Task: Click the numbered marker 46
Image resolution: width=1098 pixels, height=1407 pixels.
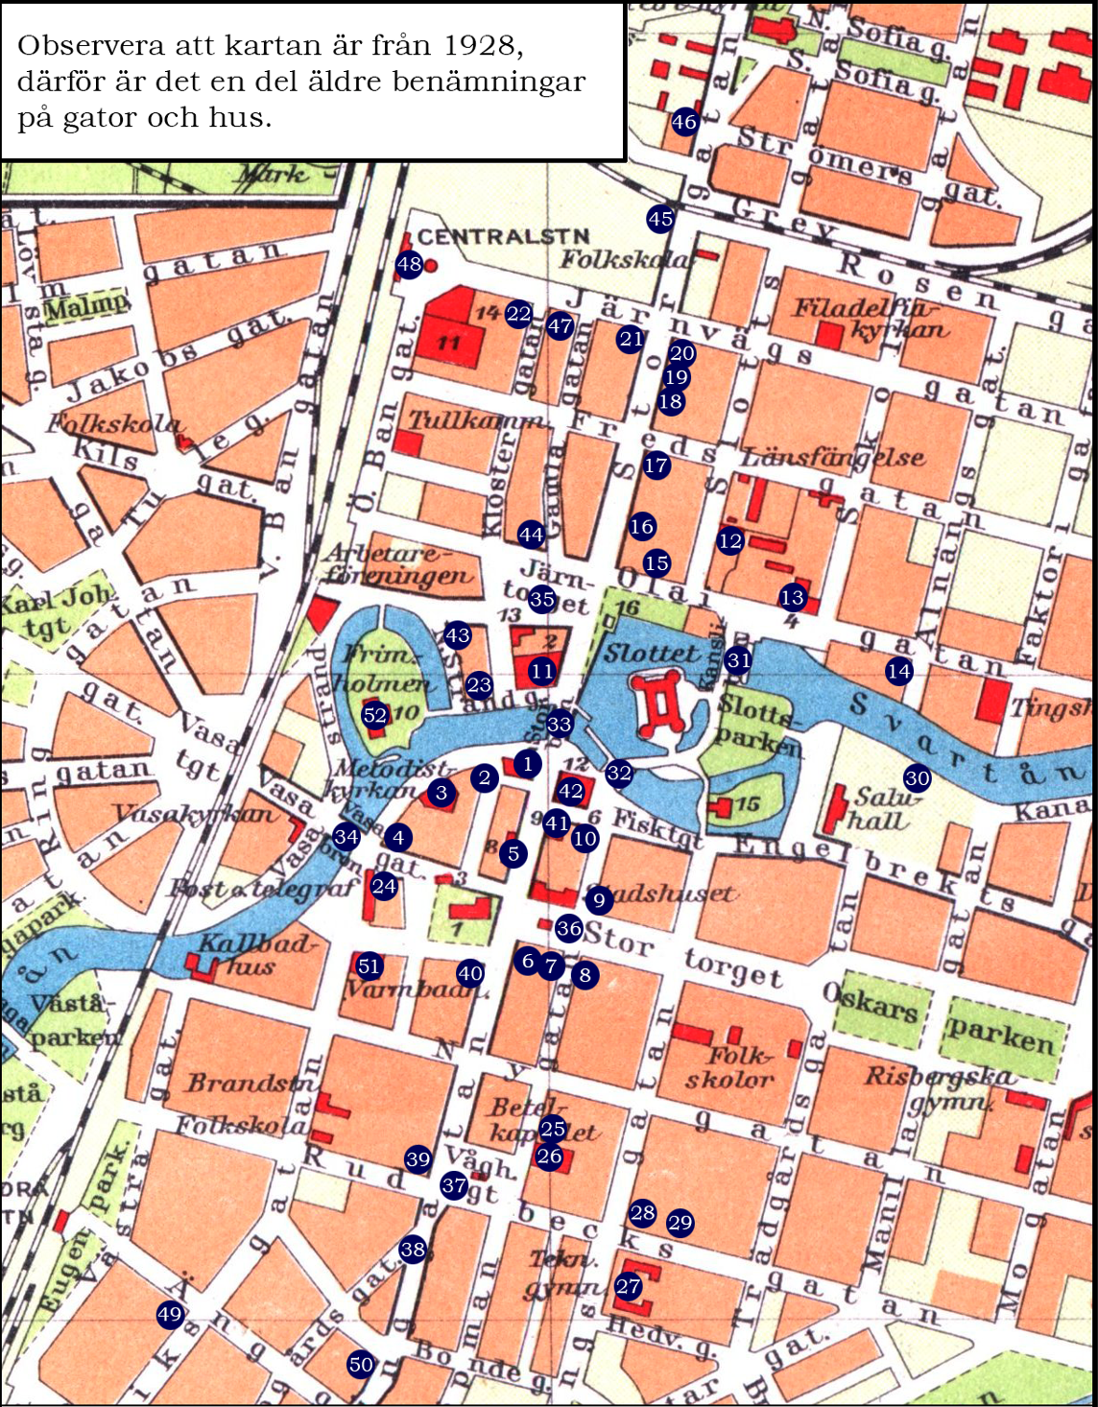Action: pos(683,122)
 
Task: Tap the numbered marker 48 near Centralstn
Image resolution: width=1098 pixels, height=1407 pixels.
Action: pos(409,264)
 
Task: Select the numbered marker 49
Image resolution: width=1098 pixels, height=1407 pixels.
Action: pos(170,1314)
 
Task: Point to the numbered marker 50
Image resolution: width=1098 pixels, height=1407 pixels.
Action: pos(361,1364)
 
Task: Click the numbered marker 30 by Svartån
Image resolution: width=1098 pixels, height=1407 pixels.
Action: pos(917,777)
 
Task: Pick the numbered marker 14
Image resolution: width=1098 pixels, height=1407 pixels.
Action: pos(898,671)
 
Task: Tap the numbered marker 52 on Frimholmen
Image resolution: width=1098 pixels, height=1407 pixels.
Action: pos(374,715)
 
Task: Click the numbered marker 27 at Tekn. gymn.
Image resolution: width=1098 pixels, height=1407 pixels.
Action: pos(628,1286)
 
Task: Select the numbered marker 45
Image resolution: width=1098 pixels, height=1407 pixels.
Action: pos(659,219)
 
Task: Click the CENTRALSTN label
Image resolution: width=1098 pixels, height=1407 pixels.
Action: pos(503,236)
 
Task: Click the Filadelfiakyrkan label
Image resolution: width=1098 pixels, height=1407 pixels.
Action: pos(869,319)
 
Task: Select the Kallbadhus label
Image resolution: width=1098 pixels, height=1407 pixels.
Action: pos(254,954)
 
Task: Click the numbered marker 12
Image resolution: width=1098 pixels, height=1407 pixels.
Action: pos(729,540)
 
